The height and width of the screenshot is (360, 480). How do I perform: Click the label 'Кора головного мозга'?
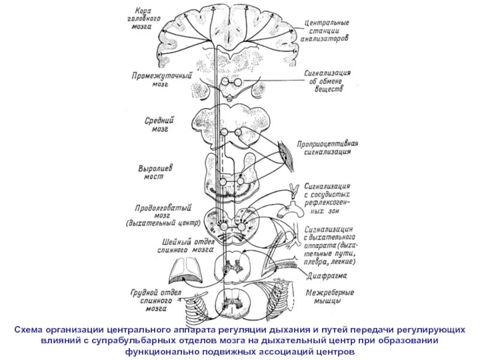click(x=143, y=19)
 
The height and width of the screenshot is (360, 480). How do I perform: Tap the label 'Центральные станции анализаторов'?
click(x=325, y=31)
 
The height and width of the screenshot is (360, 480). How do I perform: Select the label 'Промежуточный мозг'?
click(x=161, y=79)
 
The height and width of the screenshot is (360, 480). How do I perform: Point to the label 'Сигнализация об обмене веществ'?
click(x=327, y=81)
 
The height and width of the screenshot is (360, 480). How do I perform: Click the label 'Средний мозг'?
click(x=159, y=124)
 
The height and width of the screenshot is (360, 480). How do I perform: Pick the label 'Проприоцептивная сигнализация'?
click(x=327, y=148)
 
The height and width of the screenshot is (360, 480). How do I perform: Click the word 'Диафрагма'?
click(x=326, y=276)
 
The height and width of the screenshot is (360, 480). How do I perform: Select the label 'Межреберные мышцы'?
click(x=329, y=296)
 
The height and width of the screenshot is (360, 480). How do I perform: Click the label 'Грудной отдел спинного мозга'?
click(x=156, y=300)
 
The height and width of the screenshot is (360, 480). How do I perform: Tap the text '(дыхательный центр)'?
click(x=163, y=223)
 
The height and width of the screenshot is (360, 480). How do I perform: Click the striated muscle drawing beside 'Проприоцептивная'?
click(x=287, y=156)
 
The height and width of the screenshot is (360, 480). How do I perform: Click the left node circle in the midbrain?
click(x=224, y=132)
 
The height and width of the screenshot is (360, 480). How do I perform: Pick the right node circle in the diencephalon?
click(x=238, y=82)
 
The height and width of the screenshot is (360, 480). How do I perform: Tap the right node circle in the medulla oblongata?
click(x=242, y=227)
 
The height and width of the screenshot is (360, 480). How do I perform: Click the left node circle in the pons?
click(x=223, y=182)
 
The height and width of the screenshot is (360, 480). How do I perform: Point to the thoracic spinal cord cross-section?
click(x=231, y=302)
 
